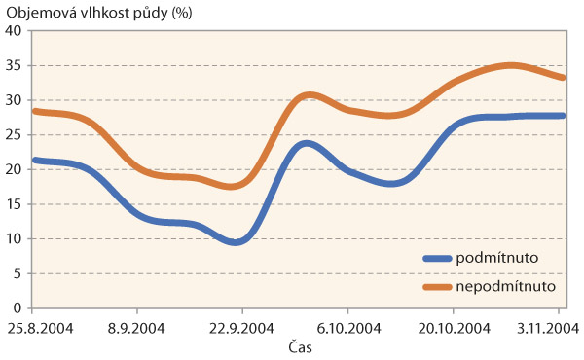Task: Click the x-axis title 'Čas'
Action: pos(300,346)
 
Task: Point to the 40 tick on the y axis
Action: pos(14,30)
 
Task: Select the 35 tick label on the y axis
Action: pos(14,65)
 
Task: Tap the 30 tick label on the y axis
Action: pos(14,100)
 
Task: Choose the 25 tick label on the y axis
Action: pos(14,134)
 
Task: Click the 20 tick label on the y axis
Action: pos(14,169)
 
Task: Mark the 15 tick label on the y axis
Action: pos(14,204)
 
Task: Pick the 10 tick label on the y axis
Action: pos(14,239)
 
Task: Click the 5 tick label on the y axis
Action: pos(18,274)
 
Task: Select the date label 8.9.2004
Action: pos(136,328)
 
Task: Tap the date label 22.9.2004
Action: pos(243,328)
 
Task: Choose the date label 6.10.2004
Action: pos(348,328)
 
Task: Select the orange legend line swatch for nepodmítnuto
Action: pos(444,287)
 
